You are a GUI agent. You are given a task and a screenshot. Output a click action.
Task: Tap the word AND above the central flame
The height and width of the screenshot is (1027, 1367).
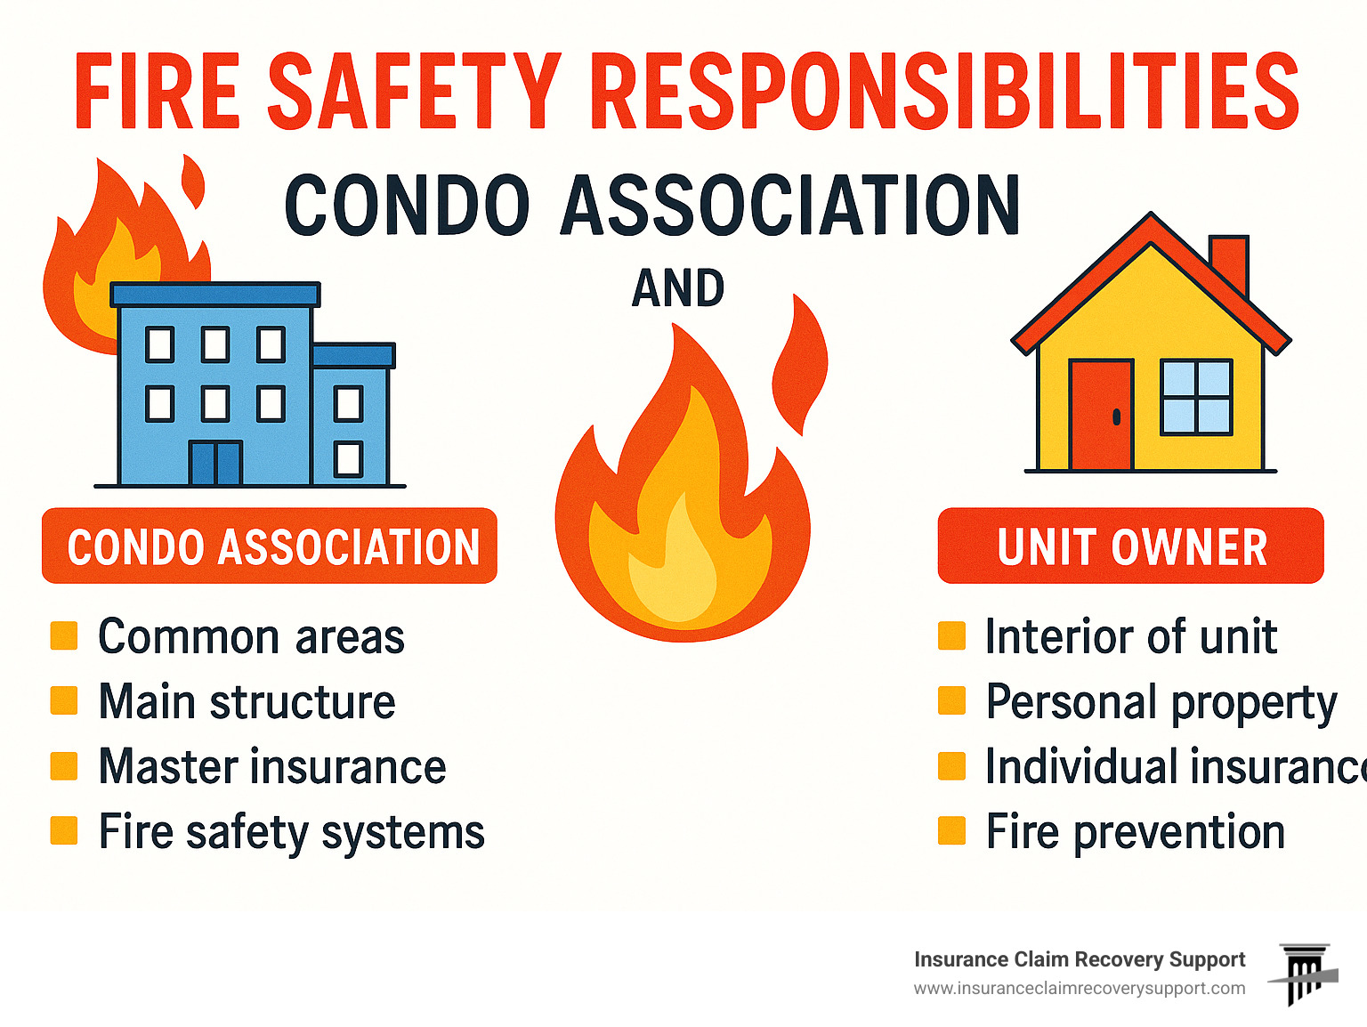coord(678,288)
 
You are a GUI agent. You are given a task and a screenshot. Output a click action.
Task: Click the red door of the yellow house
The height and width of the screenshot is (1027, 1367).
coord(1101,415)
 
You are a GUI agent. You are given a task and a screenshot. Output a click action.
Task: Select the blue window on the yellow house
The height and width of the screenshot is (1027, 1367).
coord(1197,397)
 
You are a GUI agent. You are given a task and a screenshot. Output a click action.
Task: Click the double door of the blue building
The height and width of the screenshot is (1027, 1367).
coord(215,463)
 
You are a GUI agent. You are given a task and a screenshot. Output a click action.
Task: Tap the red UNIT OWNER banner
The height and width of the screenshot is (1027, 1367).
coord(1130,546)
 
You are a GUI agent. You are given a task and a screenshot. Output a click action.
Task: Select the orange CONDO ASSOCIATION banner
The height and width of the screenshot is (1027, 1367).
coord(270,546)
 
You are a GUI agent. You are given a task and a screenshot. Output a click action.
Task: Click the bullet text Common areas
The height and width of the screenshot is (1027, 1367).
coord(251,637)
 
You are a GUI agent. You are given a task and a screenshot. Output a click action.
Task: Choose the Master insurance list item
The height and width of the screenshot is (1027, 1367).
coord(272,767)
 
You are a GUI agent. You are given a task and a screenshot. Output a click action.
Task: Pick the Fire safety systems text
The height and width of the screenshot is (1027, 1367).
coord(291,833)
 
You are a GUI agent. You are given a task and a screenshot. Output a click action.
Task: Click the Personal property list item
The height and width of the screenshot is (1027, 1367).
coord(1161,702)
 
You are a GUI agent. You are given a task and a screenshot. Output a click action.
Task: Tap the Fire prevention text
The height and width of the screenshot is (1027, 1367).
coord(1135,833)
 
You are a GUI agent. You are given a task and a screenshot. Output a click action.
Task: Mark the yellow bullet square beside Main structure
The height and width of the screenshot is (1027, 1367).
coord(64,700)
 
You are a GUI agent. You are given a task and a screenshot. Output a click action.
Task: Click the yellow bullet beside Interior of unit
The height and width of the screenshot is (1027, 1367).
coord(951,636)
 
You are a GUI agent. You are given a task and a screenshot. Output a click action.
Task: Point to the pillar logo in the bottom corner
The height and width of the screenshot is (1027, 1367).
coord(1305,974)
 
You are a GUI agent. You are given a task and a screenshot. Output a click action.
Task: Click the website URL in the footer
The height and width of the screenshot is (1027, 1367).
coord(1079,989)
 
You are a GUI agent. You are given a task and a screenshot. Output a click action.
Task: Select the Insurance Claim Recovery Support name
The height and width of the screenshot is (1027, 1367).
coord(1079,959)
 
